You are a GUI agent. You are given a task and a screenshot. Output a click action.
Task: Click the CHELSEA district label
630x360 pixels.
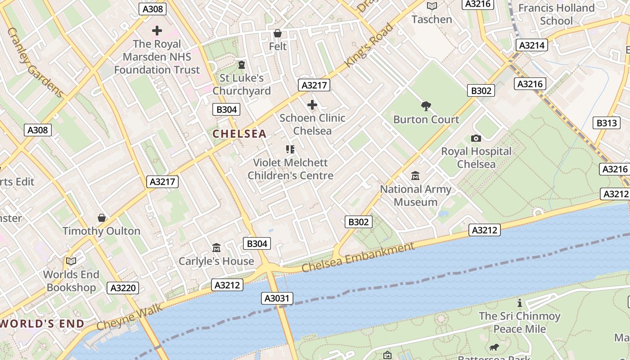(239, 134)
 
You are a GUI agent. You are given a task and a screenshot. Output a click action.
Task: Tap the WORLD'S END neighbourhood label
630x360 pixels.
(42, 324)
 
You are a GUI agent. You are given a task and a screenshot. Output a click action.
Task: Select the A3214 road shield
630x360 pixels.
(532, 45)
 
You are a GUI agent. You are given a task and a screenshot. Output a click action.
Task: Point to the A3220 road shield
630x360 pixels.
(123, 288)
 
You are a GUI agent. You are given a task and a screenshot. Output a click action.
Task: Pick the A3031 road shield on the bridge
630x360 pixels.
(278, 298)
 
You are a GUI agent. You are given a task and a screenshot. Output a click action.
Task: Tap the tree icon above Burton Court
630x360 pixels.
(426, 106)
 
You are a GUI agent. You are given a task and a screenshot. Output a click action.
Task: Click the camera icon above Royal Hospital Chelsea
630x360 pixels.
(476, 138)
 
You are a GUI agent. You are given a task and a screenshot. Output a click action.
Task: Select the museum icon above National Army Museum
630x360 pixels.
(415, 176)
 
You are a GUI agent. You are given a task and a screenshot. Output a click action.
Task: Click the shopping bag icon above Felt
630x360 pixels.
(278, 33)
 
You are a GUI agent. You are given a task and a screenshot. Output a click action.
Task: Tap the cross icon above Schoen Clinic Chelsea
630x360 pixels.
(312, 105)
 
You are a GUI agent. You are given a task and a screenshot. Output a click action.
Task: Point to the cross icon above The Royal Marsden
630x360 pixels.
(157, 31)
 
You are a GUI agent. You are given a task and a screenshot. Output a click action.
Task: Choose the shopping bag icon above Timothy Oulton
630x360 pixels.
(102, 218)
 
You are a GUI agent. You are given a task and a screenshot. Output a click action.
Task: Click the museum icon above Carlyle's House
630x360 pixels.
(216, 248)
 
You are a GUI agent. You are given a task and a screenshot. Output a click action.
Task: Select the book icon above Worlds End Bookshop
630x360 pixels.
(71, 261)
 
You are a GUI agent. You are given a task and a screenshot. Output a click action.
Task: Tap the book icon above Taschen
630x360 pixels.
(432, 6)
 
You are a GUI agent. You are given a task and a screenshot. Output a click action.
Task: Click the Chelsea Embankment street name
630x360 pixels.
(358, 257)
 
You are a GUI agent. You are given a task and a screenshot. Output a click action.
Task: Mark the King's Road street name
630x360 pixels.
(369, 45)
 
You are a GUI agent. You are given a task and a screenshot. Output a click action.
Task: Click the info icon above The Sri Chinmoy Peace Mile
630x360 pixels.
(520, 303)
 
